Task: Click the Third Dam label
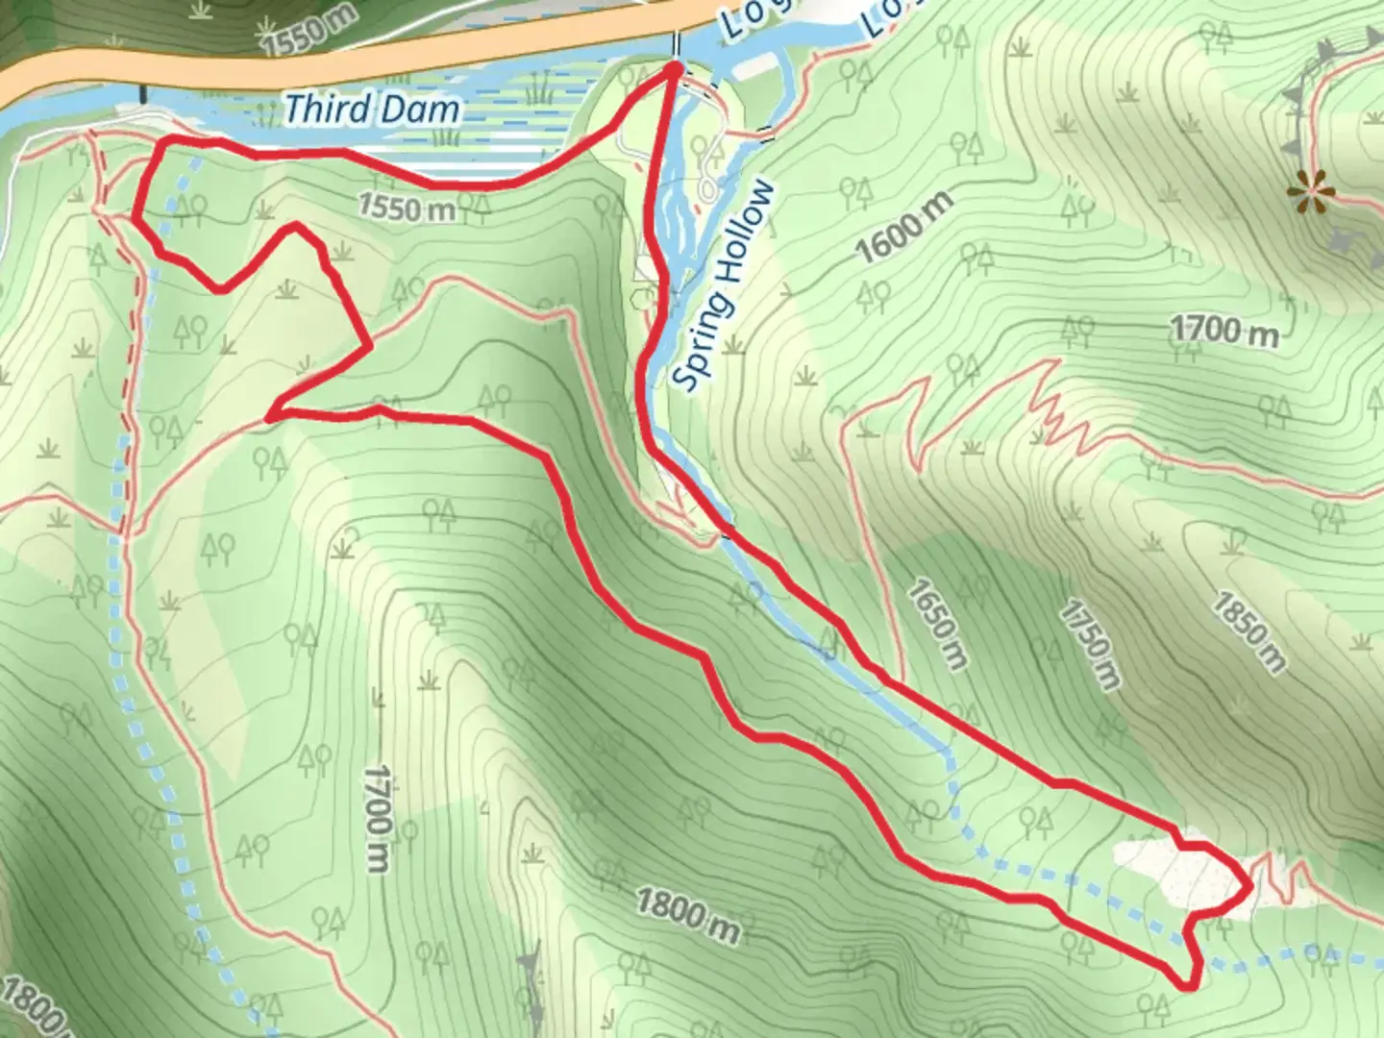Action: [x=371, y=110]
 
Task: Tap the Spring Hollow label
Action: [x=724, y=286]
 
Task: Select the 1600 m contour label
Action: [x=904, y=228]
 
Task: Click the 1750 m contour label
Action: [x=1091, y=645]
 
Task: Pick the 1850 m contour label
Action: [x=1248, y=631]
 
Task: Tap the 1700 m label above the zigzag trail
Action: [x=1223, y=331]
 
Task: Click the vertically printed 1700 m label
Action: [x=377, y=819]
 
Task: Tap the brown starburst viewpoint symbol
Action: [x=1309, y=190]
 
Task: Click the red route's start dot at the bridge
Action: [x=673, y=69]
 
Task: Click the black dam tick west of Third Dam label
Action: [x=144, y=93]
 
